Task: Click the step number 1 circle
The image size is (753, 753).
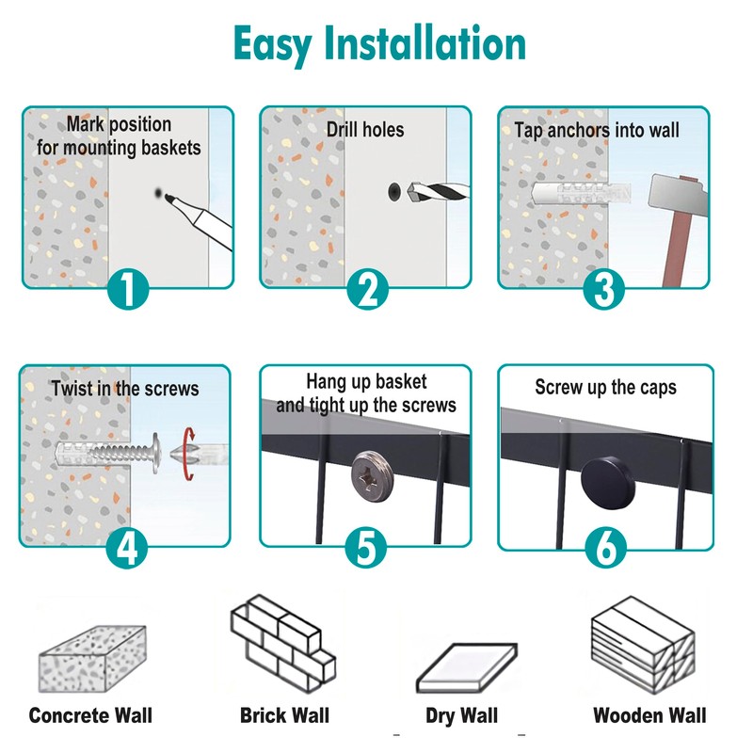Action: [128, 289]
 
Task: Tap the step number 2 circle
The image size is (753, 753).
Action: [366, 289]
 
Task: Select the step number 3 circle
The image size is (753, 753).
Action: [603, 289]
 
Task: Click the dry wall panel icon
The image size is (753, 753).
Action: [468, 666]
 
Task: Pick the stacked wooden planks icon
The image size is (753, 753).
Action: [641, 647]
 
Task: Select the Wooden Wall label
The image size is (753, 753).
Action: [649, 715]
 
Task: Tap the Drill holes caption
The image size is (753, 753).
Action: [365, 130]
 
